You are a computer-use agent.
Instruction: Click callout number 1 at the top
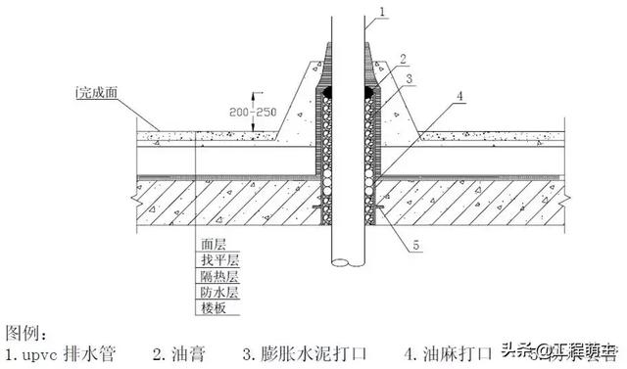pyautogui.click(x=384, y=12)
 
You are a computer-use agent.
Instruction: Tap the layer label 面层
pyautogui.click(x=213, y=247)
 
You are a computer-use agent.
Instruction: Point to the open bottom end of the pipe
pyautogui.click(x=346, y=263)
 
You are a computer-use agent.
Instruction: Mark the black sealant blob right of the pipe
pyautogui.click(x=371, y=91)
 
